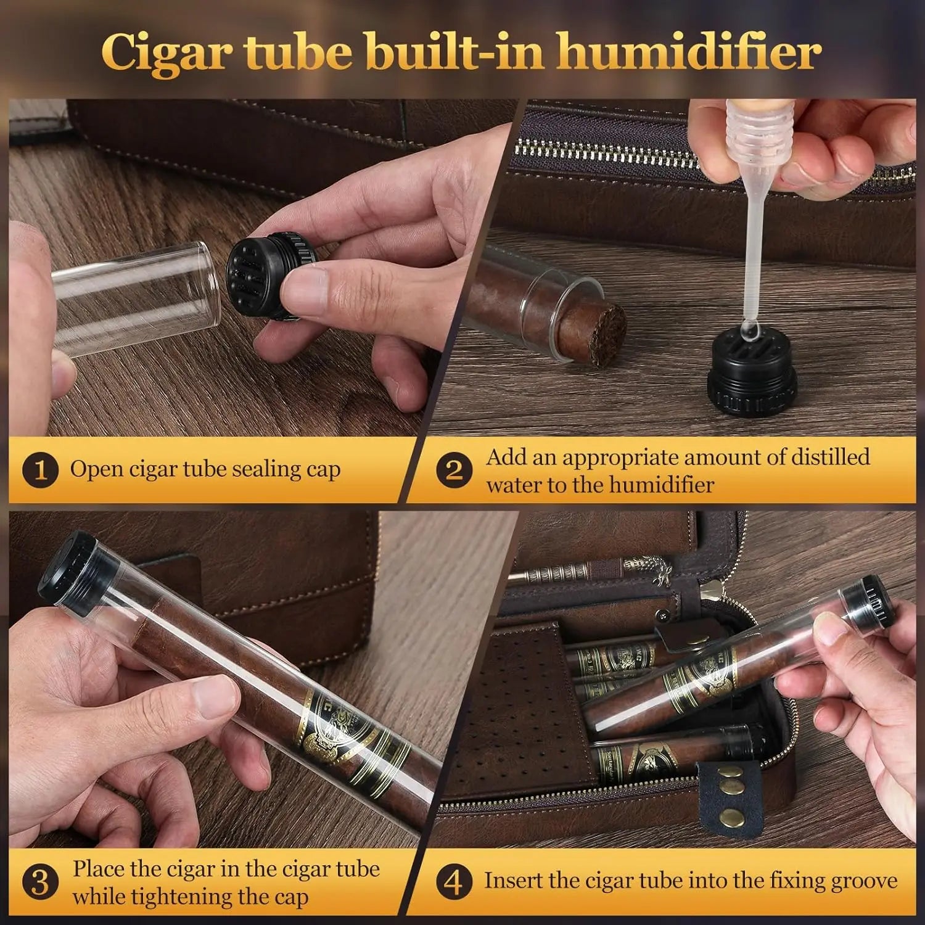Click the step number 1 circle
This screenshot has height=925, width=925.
coord(39,470)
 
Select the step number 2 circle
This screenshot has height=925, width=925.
coord(454,470)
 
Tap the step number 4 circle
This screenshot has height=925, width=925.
coord(454,882)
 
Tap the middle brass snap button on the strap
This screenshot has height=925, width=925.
coord(732,787)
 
